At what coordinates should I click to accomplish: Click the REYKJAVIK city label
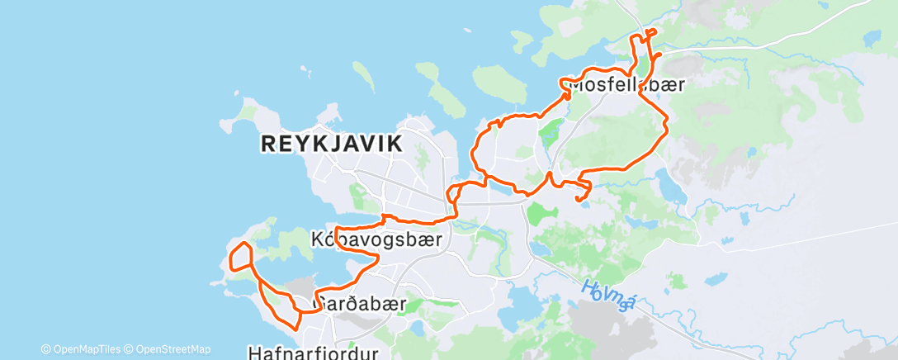click(332, 144)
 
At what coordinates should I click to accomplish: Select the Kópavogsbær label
click(376, 239)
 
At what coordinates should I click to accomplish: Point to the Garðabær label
click(361, 304)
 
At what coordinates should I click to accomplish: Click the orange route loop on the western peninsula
click(240, 257)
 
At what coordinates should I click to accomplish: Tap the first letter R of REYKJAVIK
click(267, 144)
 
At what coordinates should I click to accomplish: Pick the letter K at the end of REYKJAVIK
click(395, 144)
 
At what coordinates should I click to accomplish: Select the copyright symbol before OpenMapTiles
click(45, 349)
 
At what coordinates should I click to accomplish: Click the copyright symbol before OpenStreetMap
click(129, 349)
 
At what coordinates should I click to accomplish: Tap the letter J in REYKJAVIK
click(332, 144)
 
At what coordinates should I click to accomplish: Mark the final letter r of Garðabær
click(403, 304)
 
